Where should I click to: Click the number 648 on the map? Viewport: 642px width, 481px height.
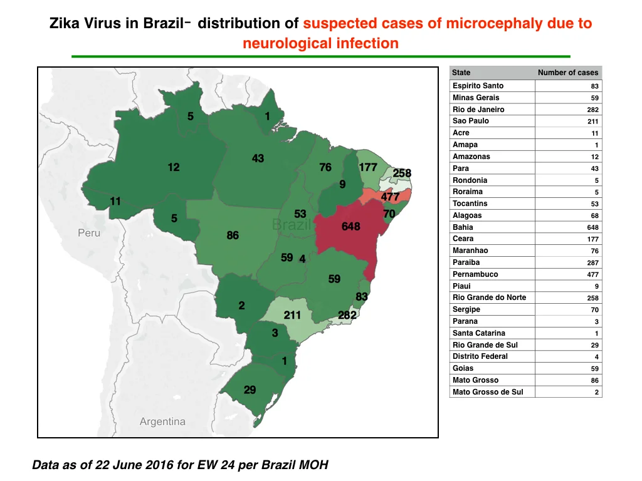coord(351,226)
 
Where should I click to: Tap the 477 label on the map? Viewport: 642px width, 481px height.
coord(390,197)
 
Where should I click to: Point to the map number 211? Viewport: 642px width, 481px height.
coord(292,315)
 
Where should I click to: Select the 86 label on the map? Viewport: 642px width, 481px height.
coord(233,235)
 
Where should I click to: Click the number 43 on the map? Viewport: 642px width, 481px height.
coord(258,158)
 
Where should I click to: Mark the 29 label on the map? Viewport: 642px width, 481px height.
coord(250,390)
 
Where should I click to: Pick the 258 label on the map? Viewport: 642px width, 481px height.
coord(402,173)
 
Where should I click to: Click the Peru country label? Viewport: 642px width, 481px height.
coord(89,233)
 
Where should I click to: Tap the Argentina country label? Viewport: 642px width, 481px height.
coord(162,422)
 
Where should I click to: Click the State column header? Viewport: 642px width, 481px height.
coord(461,73)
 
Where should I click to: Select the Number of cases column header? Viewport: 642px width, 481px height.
coord(568,73)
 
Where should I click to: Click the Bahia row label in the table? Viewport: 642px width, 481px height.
coord(463,227)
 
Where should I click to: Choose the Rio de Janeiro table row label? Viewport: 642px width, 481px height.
coord(478,109)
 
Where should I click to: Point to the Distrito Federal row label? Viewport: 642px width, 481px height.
coord(480,356)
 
